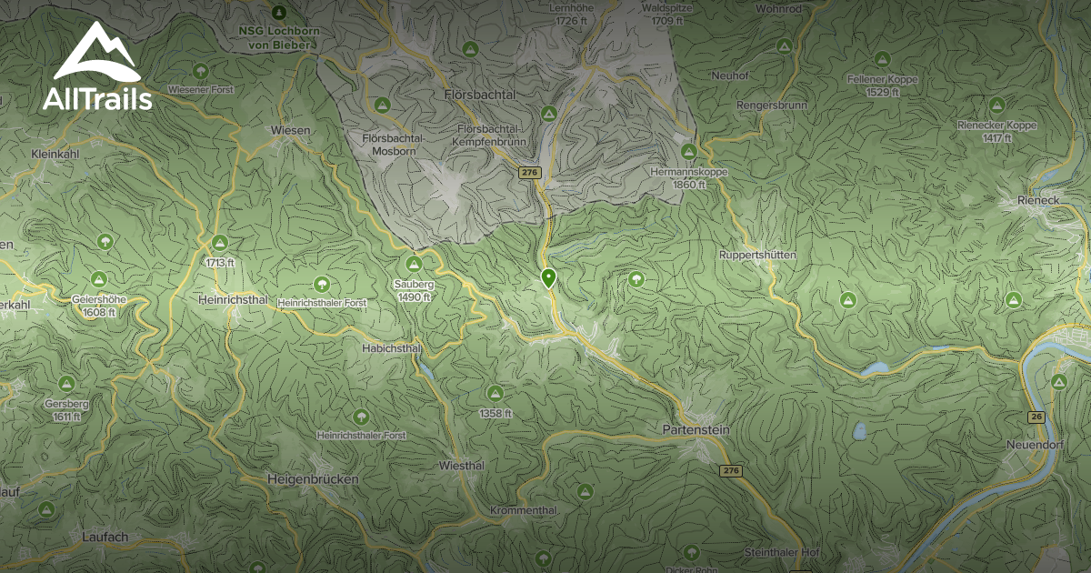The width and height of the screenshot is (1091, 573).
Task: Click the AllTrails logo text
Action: [96, 99]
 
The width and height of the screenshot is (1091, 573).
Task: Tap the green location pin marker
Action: [548, 278]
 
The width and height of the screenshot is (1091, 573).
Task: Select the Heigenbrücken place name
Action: [313, 478]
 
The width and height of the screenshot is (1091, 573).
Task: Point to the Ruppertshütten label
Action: [756, 256]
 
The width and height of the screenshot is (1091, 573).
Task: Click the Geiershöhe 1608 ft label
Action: [98, 305]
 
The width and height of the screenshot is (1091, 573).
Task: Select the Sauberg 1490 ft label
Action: [414, 290]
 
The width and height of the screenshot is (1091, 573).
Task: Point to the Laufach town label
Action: [103, 537]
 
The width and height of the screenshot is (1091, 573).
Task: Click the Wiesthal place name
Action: [461, 465]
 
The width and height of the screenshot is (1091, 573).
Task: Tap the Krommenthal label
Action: [523, 510]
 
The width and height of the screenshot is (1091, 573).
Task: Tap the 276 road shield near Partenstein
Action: [730, 470]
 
